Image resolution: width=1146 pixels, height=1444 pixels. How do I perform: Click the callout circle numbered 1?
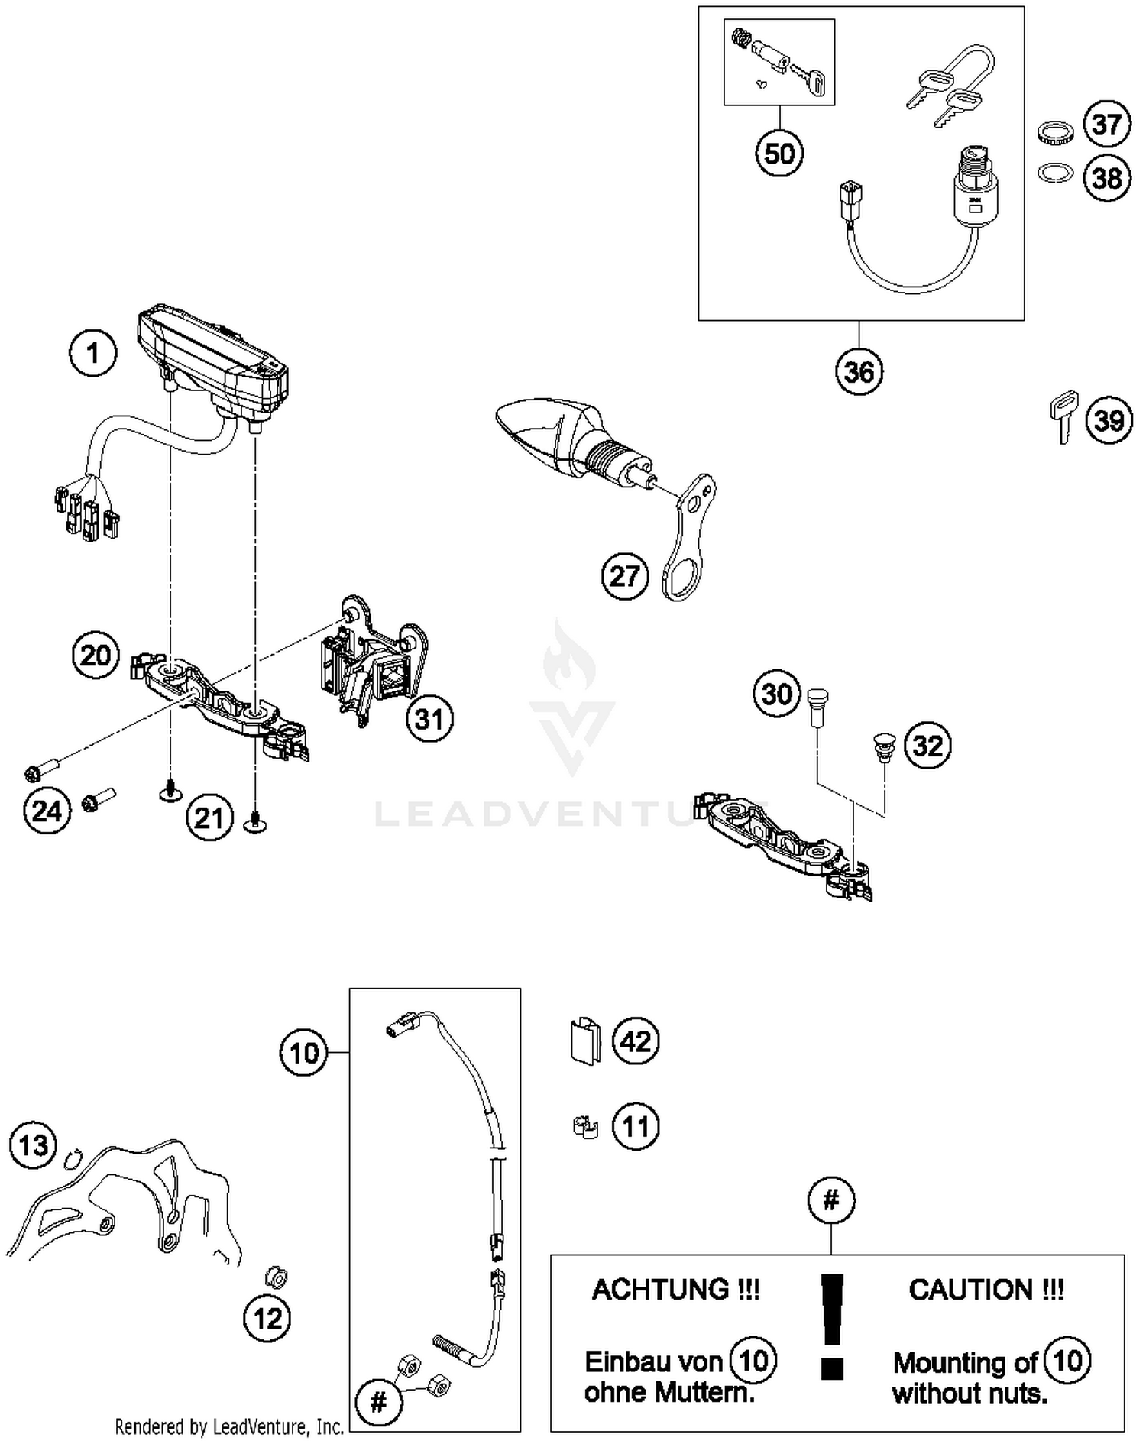tap(93, 354)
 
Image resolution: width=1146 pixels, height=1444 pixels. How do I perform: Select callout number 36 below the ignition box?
tap(859, 372)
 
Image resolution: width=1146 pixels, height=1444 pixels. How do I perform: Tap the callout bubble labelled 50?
tap(779, 154)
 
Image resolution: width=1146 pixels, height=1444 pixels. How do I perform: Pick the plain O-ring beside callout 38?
tap(1055, 173)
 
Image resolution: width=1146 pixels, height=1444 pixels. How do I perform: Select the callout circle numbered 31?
tap(429, 719)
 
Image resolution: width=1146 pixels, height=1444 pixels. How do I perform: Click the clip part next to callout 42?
tap(585, 1040)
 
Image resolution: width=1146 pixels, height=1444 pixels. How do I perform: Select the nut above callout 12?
tap(275, 1277)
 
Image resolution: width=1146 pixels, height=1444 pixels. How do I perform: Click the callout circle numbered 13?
tap(34, 1145)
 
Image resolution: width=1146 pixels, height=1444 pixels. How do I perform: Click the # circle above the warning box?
tap(831, 1200)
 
